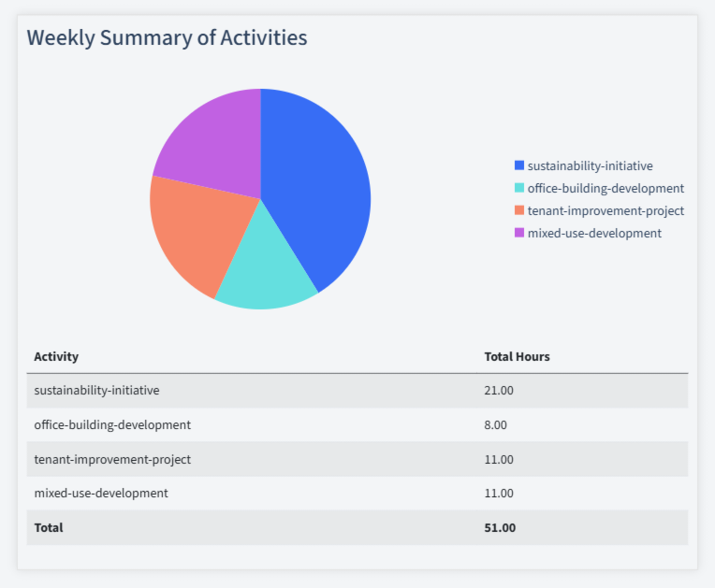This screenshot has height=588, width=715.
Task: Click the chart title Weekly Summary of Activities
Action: click(x=167, y=37)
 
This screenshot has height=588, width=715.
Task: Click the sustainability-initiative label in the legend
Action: click(x=590, y=165)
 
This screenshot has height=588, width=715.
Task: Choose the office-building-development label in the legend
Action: click(x=606, y=188)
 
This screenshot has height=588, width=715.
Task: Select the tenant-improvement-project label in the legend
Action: click(x=606, y=210)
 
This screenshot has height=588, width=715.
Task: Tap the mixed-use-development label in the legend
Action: click(x=594, y=233)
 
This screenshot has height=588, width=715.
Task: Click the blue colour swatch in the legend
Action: click(x=519, y=165)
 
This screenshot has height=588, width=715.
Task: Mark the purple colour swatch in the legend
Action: click(x=519, y=233)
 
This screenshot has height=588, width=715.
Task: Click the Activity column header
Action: click(x=56, y=356)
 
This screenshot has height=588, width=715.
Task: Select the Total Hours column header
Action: click(x=517, y=356)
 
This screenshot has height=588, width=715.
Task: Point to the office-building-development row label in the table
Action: click(x=112, y=424)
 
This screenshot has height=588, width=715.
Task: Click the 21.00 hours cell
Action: click(x=499, y=390)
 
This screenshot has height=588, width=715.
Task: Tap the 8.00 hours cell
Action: click(x=495, y=424)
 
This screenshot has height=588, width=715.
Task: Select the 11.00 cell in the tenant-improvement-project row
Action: click(x=499, y=459)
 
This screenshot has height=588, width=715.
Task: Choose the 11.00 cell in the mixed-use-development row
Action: click(x=499, y=493)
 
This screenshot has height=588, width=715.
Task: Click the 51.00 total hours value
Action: click(x=500, y=527)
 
